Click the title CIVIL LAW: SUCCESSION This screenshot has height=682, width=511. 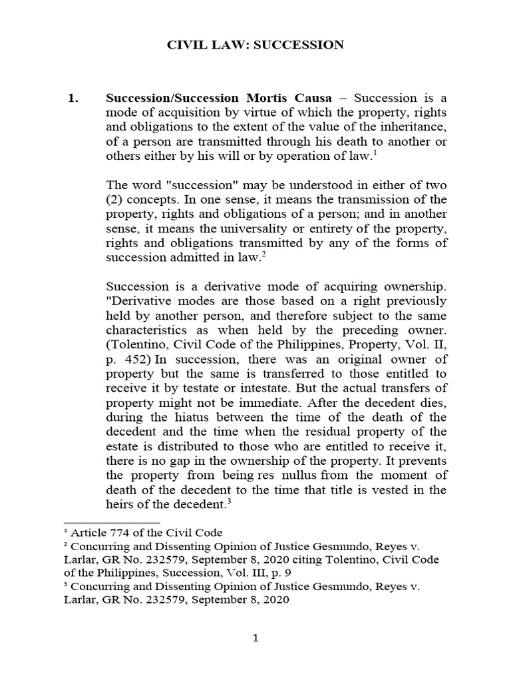coord(255,45)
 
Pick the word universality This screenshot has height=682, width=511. coord(250,229)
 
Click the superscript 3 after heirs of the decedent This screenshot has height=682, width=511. coord(228,502)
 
